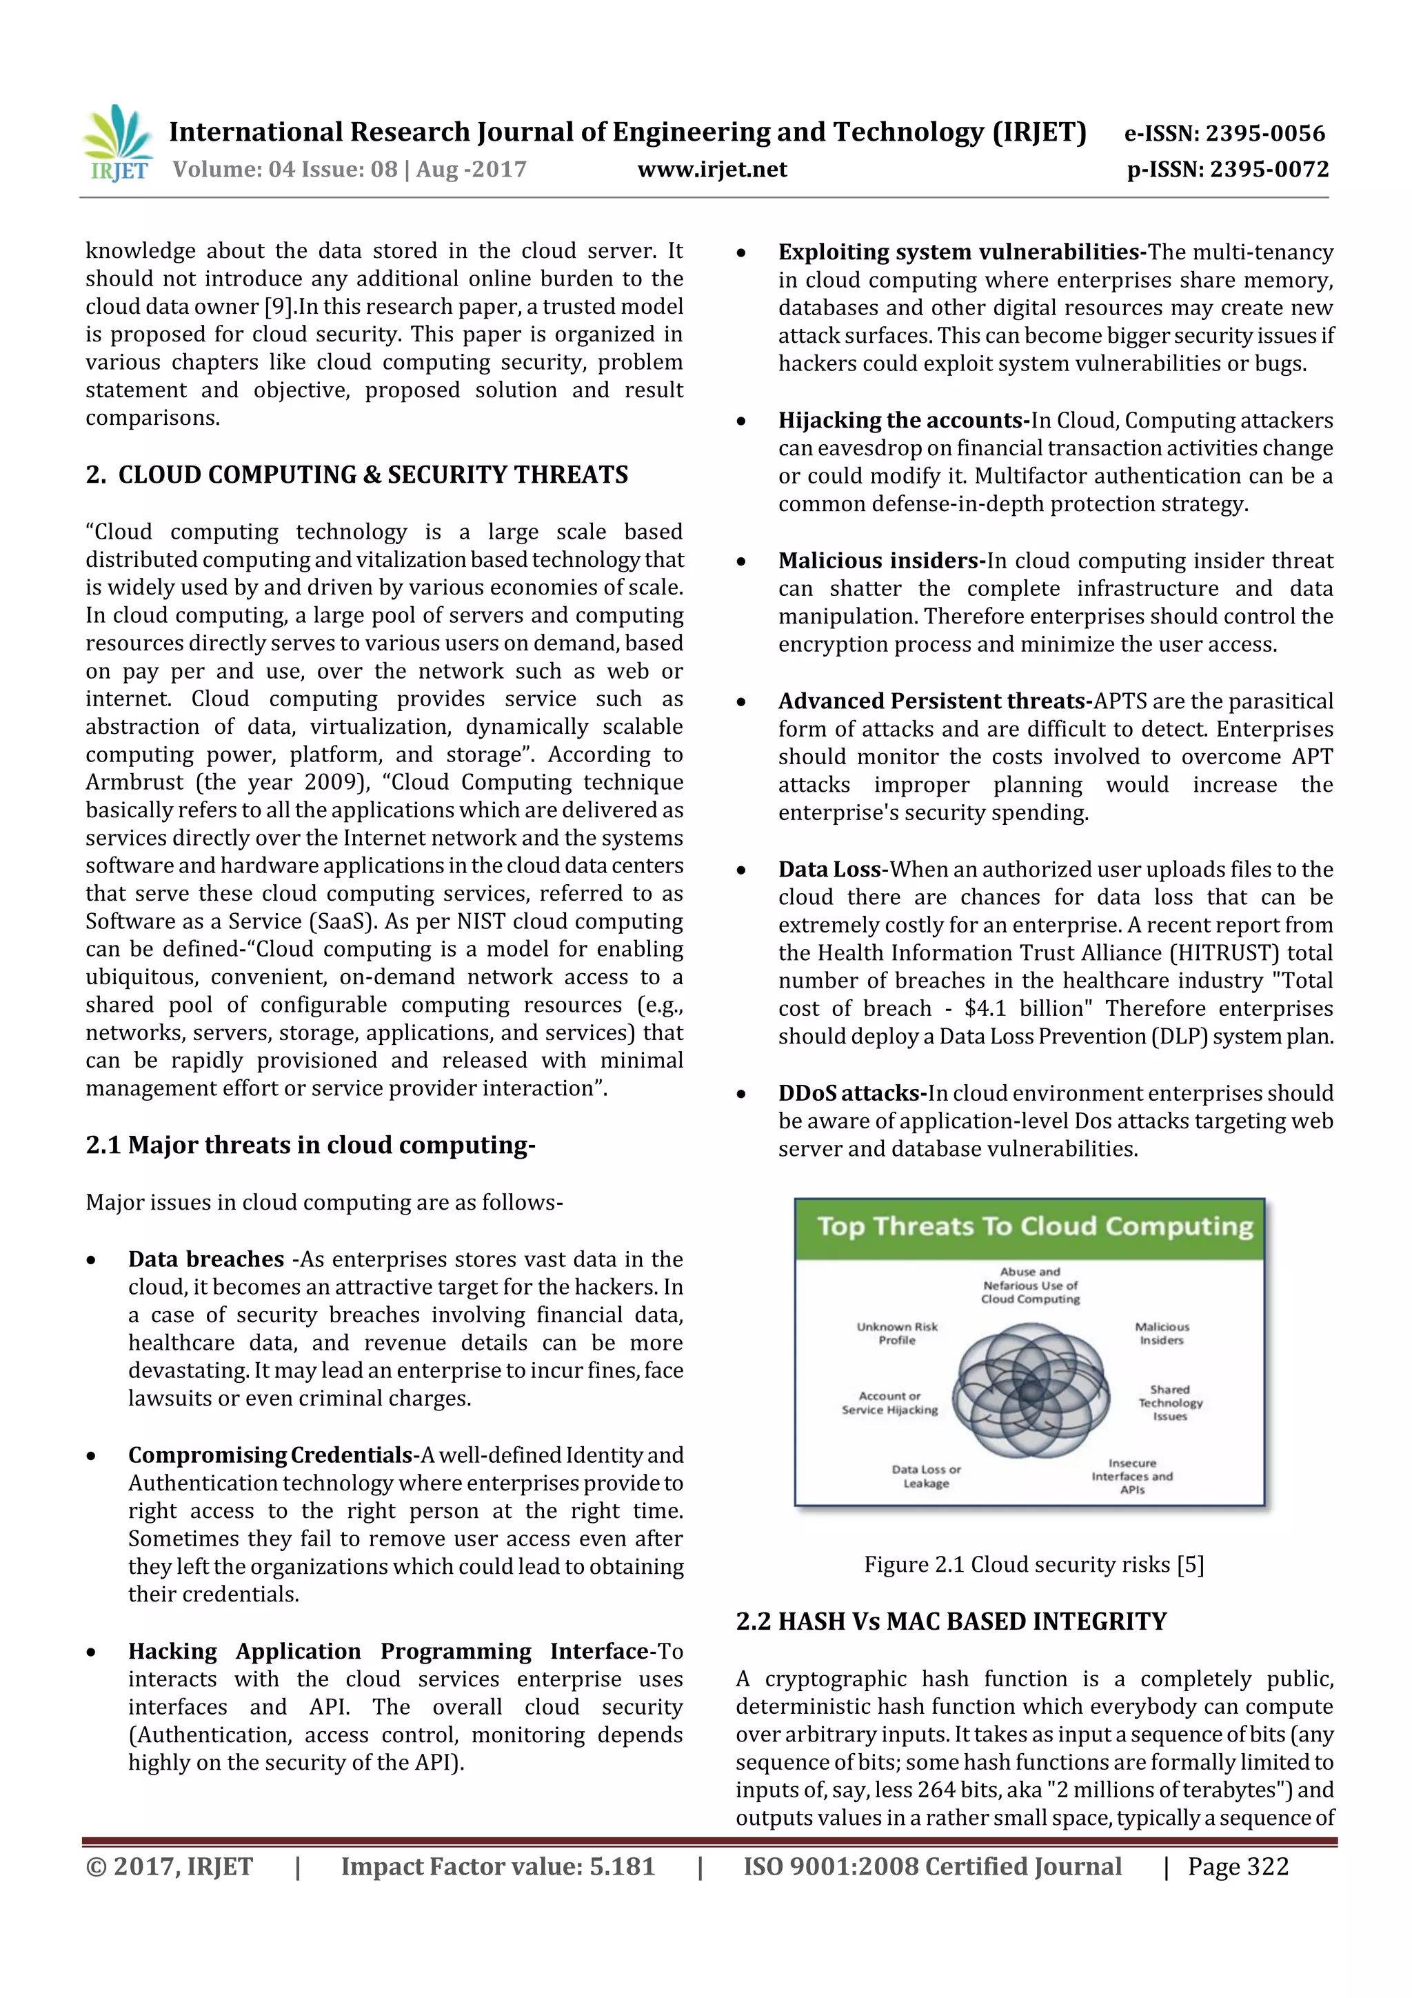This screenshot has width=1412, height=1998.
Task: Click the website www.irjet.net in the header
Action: [x=712, y=170]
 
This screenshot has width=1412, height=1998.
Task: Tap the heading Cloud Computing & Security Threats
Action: [x=372, y=474]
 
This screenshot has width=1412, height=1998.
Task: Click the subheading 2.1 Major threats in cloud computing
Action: [x=310, y=1145]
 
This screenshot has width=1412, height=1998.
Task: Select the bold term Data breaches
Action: [x=206, y=1259]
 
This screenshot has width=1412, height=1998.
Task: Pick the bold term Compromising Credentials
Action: [x=270, y=1455]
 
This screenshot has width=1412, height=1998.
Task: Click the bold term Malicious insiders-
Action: [x=881, y=561]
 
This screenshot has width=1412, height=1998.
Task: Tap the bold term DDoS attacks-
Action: [x=851, y=1093]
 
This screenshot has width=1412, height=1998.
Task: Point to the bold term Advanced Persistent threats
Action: [x=936, y=701]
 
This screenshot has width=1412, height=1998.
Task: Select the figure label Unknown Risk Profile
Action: [x=897, y=1333]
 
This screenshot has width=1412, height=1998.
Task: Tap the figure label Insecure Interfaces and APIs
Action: [x=1132, y=1476]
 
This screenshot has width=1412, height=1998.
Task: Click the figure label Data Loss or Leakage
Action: [x=926, y=1476]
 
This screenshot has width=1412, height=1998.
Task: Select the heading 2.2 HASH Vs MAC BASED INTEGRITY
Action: [x=951, y=1621]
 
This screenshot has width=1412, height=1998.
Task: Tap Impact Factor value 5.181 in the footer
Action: [x=497, y=1866]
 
